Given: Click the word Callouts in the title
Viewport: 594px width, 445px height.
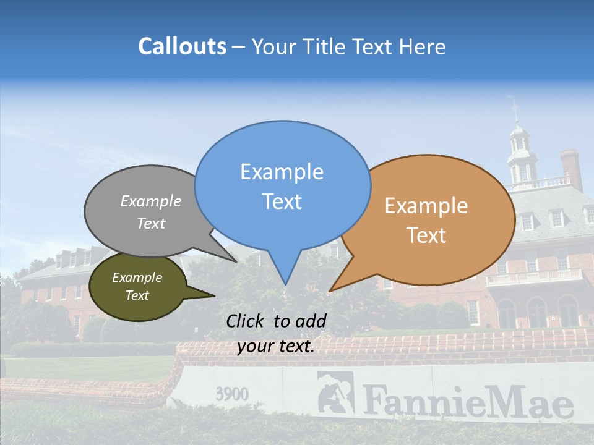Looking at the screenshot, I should [x=182, y=46].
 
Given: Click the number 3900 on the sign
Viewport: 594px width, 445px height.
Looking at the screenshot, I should [x=232, y=394].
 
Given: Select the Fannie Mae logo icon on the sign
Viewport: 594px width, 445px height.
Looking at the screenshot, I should [x=335, y=392].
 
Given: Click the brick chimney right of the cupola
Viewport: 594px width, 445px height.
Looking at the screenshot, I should [x=571, y=168].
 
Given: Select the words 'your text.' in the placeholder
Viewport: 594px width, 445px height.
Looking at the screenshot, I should [x=275, y=346].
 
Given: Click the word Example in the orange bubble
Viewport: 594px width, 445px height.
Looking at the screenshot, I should [x=426, y=206].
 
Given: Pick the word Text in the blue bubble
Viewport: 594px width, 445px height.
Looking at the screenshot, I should [x=282, y=201].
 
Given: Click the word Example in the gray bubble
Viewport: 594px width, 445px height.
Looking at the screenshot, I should [x=151, y=201].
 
